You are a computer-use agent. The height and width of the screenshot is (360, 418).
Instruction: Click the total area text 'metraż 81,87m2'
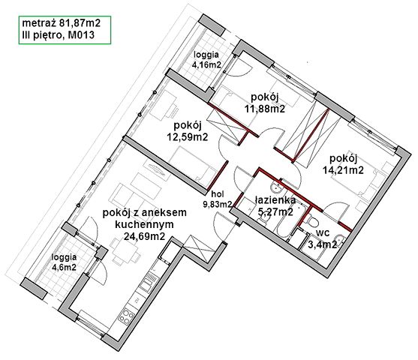[61, 23]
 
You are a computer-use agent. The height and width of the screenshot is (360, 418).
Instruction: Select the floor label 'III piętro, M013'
[59, 35]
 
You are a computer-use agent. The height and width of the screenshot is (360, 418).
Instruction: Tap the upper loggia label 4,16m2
[206, 64]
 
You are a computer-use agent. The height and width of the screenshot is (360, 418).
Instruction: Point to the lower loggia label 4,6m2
[64, 267]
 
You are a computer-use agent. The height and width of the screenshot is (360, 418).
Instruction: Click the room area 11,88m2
[265, 109]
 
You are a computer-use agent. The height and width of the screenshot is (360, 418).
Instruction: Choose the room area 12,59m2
[187, 136]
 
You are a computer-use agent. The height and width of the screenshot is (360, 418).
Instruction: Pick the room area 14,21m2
[344, 170]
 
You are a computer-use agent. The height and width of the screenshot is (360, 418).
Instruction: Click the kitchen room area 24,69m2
[144, 236]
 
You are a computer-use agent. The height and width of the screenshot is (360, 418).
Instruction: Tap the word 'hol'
[218, 194]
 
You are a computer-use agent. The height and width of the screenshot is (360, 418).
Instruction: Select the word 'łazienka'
[275, 200]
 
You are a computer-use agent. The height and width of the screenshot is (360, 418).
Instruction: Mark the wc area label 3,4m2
[322, 244]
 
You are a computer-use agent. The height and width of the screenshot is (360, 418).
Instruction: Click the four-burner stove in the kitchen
[126, 315]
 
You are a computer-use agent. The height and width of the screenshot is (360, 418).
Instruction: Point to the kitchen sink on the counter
[147, 283]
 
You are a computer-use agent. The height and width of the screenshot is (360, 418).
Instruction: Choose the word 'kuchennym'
[144, 225]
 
